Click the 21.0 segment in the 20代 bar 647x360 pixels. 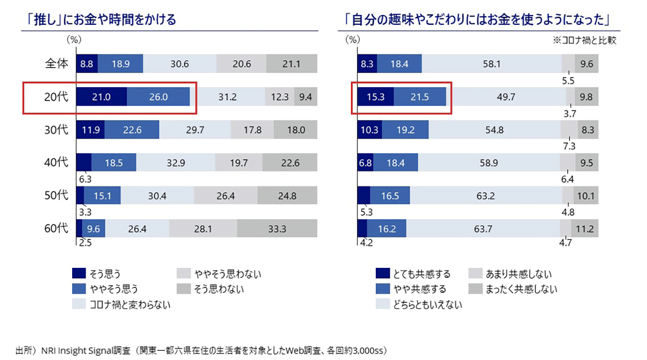[102, 97]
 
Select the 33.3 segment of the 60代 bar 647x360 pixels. [277, 229]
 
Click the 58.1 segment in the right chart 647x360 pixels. [491, 64]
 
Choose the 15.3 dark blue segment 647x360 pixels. [376, 97]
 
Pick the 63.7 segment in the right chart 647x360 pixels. [483, 229]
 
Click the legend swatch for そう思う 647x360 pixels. [78, 273]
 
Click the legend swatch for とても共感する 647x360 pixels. [383, 273]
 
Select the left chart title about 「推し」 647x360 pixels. [102, 20]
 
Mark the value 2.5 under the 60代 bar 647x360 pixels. [84, 244]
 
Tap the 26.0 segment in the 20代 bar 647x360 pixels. [158, 97]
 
